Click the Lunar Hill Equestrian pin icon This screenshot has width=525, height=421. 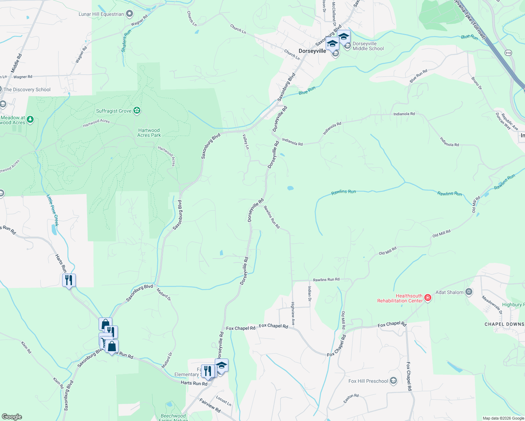tap(129, 14)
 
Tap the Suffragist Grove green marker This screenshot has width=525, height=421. tap(137, 111)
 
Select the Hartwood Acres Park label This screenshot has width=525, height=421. tap(149, 133)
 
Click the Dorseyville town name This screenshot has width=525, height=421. tap(312, 51)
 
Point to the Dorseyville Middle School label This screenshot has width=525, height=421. tap(368, 46)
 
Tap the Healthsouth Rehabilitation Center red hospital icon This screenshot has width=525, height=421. tap(427, 298)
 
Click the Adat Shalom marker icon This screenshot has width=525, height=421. tap(469, 292)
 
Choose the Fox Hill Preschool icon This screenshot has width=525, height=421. tap(393, 381)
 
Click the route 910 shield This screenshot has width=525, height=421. tap(509, 53)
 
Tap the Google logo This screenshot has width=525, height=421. tap(12, 417)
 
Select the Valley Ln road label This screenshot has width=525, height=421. tap(246, 142)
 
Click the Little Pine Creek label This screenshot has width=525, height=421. tap(53, 210)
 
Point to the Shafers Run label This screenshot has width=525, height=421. tap(126, 41)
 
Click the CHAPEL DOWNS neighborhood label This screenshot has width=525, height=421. tap(504, 324)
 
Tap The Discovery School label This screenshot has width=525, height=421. tap(27, 89)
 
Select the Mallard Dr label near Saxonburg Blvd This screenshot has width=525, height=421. tap(164, 294)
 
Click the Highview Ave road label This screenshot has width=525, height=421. tap(293, 313)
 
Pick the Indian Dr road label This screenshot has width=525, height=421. tap(309, 294)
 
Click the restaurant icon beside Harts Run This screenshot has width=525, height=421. tap(69, 280)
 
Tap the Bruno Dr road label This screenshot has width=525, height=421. tap(477, 83)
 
